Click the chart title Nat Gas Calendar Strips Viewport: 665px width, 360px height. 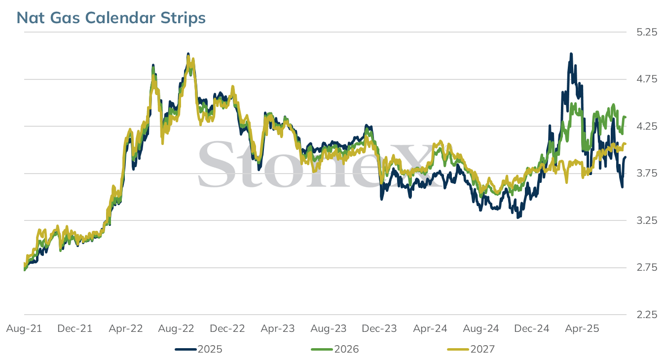pos(111,18)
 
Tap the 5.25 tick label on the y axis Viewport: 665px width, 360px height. pos(647,32)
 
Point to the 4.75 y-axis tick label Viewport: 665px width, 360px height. pos(647,79)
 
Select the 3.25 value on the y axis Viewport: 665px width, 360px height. pos(647,220)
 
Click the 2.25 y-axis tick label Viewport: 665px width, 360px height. pos(647,315)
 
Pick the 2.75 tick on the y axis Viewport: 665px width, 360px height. pos(647,268)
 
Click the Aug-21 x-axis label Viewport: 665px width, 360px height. pos(24,328)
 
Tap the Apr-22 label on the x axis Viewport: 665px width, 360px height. pos(126,328)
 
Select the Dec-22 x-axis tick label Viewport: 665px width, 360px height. pos(227,328)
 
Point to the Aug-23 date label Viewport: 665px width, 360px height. pos(329,328)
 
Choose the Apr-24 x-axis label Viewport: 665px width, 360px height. pos(430,328)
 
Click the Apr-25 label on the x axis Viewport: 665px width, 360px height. pos(582,328)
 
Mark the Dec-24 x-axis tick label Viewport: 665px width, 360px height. pos(532,328)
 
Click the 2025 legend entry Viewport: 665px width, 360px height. pos(199,349)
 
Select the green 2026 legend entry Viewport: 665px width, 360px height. pos(335,349)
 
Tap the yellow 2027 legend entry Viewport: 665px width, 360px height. pos(471,349)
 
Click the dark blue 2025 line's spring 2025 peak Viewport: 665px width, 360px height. pos(571,54)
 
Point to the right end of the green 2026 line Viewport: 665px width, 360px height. pos(626,117)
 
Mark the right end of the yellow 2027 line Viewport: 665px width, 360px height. pos(626,144)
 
